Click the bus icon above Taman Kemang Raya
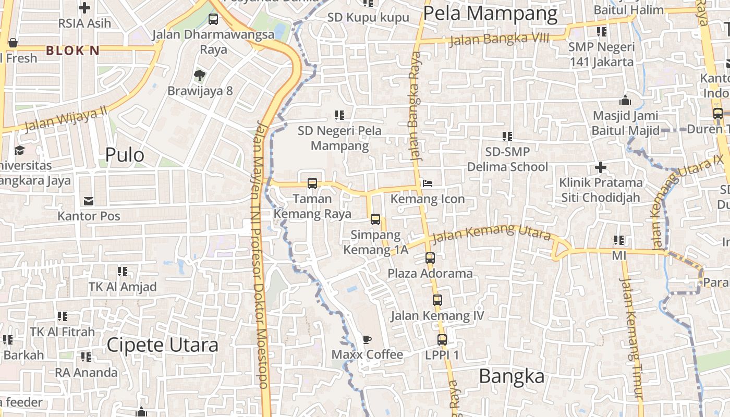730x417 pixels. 312,183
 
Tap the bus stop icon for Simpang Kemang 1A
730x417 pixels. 375,219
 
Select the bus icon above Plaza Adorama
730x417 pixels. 430,257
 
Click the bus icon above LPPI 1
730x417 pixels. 442,340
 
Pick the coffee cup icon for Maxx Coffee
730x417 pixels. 367,340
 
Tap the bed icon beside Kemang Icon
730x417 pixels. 427,183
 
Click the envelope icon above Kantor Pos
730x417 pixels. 88,201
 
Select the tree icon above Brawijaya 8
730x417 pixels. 199,76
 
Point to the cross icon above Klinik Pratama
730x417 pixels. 601,168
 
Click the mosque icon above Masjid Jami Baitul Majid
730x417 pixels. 625,100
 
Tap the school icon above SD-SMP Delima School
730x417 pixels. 507,137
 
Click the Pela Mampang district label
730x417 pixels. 490,14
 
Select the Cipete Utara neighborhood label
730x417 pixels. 163,345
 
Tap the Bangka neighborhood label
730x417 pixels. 511,376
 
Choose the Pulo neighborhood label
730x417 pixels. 125,155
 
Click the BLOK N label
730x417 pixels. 72,51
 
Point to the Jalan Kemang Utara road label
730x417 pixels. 491,233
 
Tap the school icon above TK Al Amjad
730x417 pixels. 123,271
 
